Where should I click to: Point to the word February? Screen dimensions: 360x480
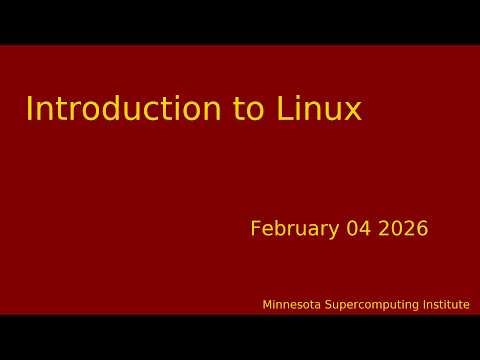(x=295, y=229)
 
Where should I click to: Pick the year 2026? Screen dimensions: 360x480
(x=403, y=229)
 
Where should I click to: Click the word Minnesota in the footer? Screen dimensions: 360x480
(x=292, y=305)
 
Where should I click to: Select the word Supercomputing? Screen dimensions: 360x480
(x=367, y=305)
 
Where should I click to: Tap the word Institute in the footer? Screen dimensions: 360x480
(x=442, y=305)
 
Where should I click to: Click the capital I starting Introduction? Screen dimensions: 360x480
(x=29, y=109)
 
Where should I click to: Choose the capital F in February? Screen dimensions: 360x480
(x=255, y=229)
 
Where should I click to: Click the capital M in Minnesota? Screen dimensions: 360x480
(x=267, y=305)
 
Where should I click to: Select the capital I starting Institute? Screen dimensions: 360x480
(x=416, y=305)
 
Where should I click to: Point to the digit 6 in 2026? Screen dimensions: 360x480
(x=423, y=229)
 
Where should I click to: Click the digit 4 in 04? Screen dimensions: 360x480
(x=365, y=229)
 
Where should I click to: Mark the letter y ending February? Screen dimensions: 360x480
(x=335, y=231)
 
